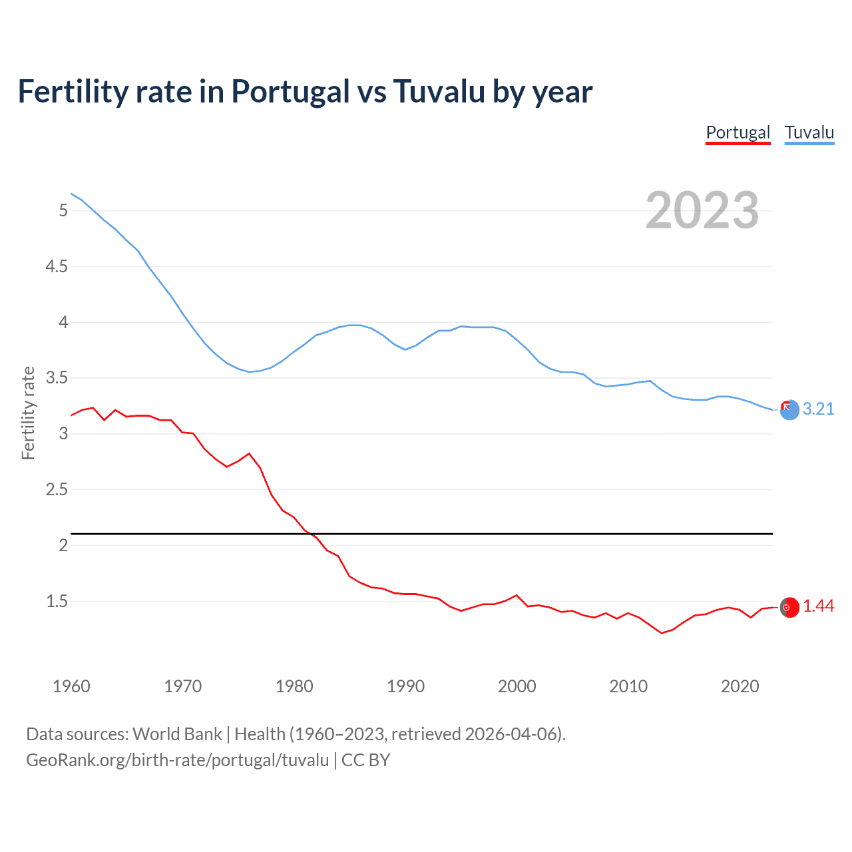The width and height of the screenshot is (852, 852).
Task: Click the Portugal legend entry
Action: [x=738, y=132]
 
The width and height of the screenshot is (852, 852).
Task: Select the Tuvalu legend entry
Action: [x=809, y=132]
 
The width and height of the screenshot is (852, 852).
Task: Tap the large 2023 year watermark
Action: [x=702, y=210]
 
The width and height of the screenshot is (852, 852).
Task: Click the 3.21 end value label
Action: [x=818, y=409]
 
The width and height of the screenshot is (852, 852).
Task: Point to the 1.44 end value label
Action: [x=818, y=606]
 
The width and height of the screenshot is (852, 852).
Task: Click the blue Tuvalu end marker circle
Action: [x=789, y=411]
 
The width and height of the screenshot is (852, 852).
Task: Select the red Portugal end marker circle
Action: [x=789, y=607]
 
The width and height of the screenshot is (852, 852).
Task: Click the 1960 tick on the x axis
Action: [x=71, y=686]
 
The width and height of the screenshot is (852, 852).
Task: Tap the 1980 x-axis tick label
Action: [x=294, y=686]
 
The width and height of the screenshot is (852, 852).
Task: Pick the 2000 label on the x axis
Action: [x=517, y=686]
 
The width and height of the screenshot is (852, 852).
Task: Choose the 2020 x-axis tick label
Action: [x=740, y=686]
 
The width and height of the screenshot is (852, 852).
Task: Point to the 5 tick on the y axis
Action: [x=64, y=210]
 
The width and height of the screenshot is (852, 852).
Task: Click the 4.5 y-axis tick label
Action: [x=57, y=266]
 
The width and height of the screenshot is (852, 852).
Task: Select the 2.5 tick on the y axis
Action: [x=57, y=489]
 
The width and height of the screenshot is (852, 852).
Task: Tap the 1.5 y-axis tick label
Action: [x=57, y=601]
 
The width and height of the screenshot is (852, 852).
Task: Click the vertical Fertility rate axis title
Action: [x=28, y=413]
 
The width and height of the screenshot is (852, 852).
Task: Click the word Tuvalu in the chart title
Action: [x=439, y=91]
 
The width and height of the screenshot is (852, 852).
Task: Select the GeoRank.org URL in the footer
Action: [x=177, y=760]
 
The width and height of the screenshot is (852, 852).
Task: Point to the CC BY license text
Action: [x=365, y=760]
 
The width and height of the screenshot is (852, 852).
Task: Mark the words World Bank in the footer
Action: [x=177, y=734]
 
